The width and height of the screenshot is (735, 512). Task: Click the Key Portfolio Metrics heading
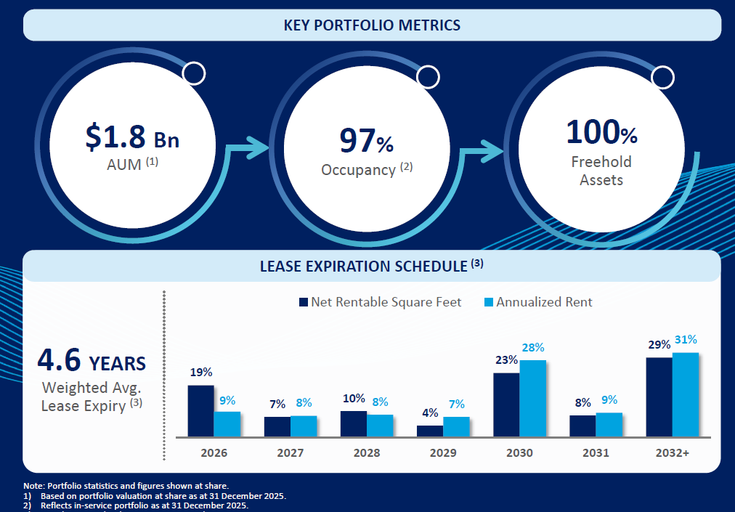(372, 25)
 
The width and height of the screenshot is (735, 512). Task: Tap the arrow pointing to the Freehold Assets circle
(494, 152)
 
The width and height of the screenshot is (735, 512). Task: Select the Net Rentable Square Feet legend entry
(380, 302)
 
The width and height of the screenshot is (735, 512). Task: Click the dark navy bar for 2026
(200, 410)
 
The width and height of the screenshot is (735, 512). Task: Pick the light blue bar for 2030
(532, 398)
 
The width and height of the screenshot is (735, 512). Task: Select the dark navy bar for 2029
(429, 431)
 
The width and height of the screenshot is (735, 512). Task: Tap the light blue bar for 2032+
(685, 394)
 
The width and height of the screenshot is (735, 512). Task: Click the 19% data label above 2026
(201, 372)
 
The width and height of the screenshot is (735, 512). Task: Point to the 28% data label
(532, 347)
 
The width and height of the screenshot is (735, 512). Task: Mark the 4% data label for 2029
(429, 413)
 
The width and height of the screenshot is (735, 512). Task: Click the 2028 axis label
(367, 452)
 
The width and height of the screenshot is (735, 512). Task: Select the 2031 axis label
(596, 452)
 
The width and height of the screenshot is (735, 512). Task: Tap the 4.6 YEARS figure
(92, 361)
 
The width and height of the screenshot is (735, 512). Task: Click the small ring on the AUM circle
(194, 73)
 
